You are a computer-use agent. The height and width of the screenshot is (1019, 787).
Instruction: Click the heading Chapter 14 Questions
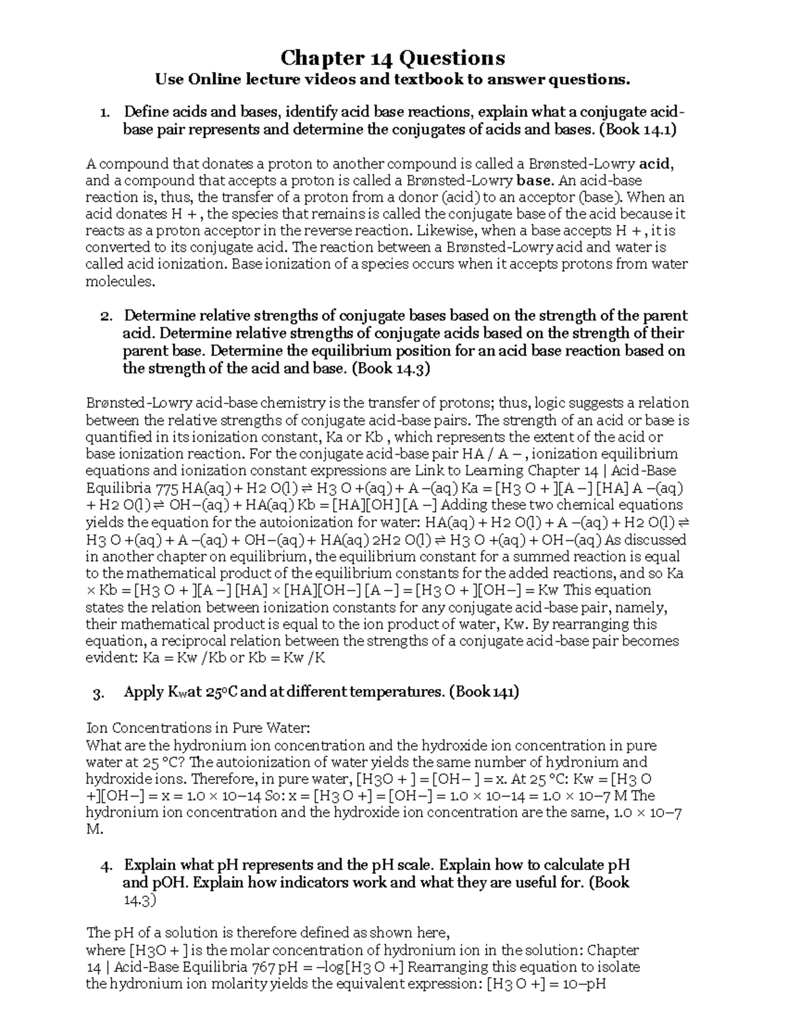click(393, 58)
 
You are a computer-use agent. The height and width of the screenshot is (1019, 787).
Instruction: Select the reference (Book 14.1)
click(637, 129)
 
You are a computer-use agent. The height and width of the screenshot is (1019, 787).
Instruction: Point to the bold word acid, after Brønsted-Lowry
click(656, 163)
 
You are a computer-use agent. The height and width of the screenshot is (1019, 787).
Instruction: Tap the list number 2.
click(104, 316)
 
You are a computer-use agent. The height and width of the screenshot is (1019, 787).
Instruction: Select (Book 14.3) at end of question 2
click(391, 368)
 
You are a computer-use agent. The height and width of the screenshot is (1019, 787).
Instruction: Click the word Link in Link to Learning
click(427, 471)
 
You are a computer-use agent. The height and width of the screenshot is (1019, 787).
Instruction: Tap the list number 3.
click(99, 693)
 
